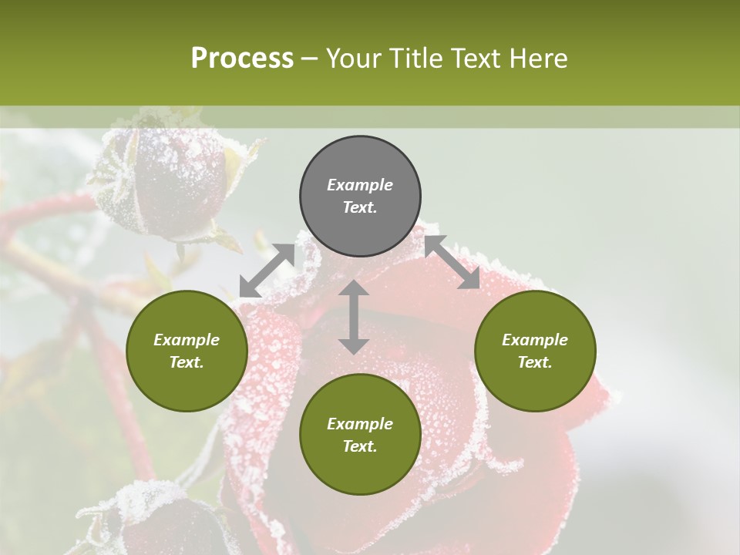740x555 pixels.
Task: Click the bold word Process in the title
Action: tap(242, 59)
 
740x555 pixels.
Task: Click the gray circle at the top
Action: tap(360, 197)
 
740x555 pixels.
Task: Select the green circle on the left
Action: tap(187, 351)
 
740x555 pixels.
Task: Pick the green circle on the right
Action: tap(535, 351)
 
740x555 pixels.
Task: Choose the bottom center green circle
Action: tap(360, 435)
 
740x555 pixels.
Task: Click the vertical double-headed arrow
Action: tap(353, 317)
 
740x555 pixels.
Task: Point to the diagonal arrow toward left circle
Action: tap(267, 271)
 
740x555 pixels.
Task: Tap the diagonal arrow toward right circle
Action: tap(452, 263)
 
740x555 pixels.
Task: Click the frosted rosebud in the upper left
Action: tap(173, 185)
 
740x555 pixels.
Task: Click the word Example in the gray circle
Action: tap(360, 185)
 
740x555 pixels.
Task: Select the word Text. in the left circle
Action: tap(187, 362)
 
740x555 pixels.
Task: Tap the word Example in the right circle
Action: tap(535, 340)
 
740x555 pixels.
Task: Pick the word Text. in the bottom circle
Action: tap(360, 446)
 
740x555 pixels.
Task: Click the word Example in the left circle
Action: tap(187, 340)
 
